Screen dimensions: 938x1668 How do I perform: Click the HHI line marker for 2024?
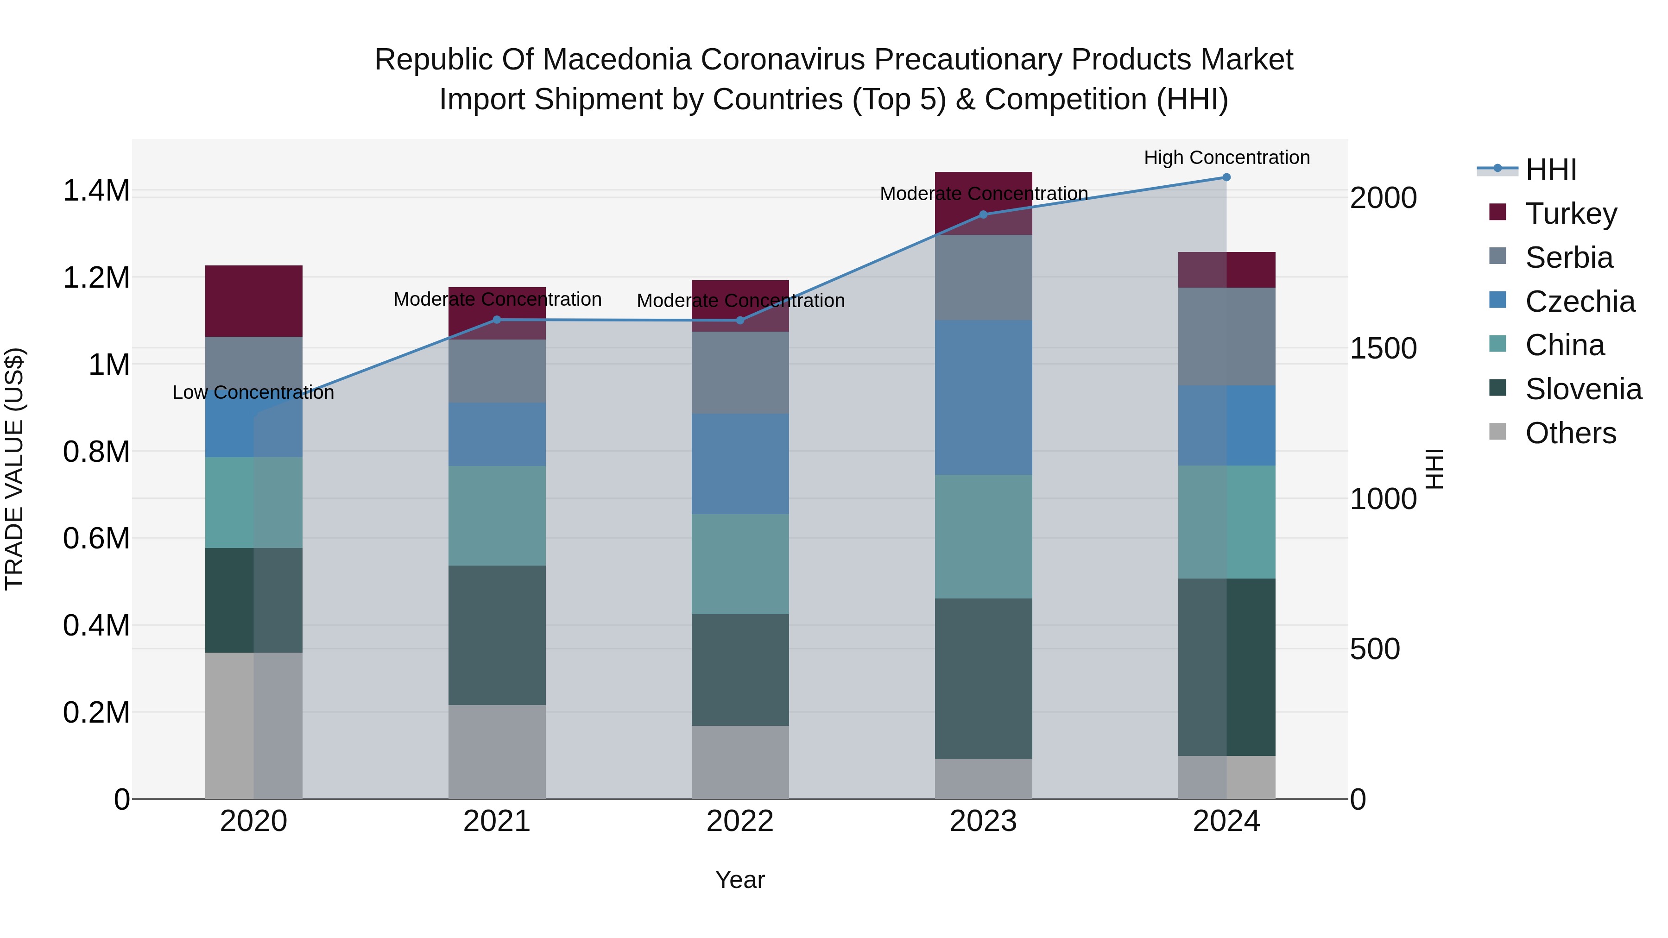coord(1226,177)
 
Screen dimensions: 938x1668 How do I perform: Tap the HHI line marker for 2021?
coord(497,320)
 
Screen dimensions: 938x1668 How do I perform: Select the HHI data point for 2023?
coord(983,214)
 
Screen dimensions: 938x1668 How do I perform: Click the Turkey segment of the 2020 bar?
coord(253,301)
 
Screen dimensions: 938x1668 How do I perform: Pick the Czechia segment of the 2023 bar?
coord(983,397)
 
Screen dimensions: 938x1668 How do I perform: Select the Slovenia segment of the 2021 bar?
coord(497,635)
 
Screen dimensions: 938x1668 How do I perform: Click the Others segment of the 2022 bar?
coord(739,762)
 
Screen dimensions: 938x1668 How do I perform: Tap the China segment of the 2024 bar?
coord(1226,522)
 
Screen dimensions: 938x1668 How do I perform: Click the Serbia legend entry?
coord(1568,258)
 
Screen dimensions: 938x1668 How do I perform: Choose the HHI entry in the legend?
coord(1550,170)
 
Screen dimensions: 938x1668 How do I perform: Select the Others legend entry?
coord(1570,433)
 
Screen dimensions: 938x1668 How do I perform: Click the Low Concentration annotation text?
coord(253,392)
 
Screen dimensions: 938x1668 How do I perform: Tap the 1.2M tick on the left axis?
coord(96,278)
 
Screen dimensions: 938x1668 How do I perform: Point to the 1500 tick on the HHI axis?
coord(1383,348)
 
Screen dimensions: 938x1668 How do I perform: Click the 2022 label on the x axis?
coord(739,821)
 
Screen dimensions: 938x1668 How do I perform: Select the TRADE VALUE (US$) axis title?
coord(14,469)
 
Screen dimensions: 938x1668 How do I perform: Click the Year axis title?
coord(739,880)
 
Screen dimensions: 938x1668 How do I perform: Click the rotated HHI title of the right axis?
coord(1435,469)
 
